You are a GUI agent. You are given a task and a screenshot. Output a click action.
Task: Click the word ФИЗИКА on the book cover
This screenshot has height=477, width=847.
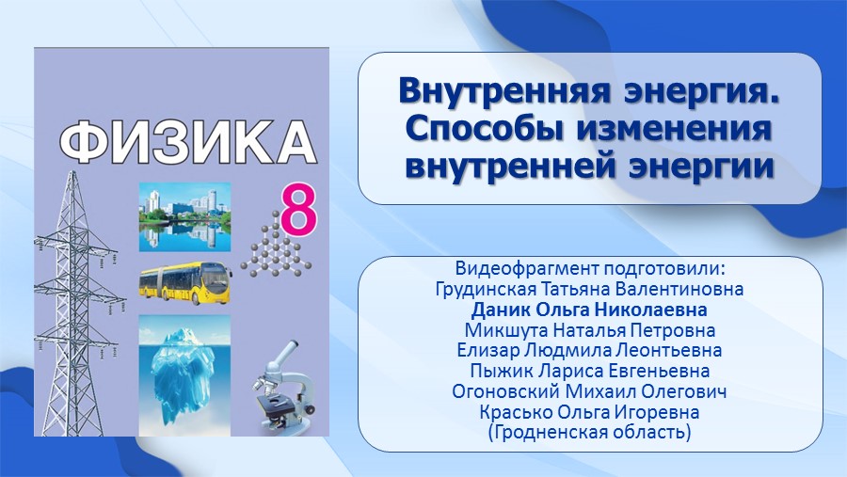coord(187,143)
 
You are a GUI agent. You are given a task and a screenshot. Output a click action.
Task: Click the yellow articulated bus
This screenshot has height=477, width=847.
coord(185,283)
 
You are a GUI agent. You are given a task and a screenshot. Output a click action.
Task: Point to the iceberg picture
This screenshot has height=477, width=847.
coord(184,375)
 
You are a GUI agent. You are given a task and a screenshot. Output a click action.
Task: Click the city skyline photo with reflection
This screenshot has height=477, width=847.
coord(184,217)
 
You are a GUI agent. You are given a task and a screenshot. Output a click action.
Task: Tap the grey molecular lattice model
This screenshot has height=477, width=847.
coord(276,245)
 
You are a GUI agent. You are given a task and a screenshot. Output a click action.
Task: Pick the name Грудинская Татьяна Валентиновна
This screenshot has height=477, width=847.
coord(589,289)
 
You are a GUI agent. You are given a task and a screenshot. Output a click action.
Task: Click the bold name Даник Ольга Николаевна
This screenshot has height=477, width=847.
coord(589,310)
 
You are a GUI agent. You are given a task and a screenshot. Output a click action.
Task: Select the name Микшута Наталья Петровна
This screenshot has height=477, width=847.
coord(590,330)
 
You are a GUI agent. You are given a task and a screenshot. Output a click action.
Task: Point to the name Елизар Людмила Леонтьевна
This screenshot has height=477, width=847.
coord(589,350)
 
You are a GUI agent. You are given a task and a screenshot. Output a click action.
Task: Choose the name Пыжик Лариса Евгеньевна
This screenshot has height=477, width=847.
coord(590,371)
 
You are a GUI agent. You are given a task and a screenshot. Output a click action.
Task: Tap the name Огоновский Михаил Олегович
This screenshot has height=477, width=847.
coord(589,391)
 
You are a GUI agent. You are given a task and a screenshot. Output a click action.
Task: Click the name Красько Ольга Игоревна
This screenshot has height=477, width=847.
coord(589,412)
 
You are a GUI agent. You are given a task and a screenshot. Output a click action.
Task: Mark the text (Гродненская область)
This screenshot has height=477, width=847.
coord(589,432)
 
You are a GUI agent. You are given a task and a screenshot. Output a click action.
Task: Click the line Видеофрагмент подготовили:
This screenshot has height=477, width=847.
coord(589,268)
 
